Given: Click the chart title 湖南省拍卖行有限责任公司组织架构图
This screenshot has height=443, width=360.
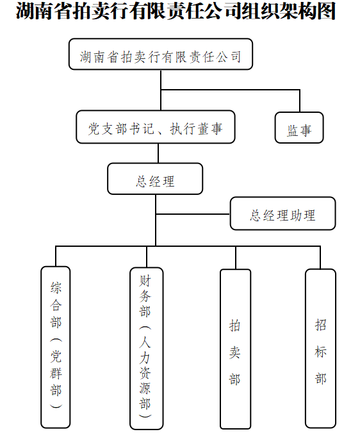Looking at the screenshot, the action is tap(176, 12).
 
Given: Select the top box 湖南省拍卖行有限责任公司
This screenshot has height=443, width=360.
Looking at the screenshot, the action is tap(161, 54).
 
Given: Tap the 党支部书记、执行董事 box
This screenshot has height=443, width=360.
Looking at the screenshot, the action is tap(156, 127).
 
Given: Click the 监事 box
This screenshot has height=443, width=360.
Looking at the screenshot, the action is tap(299, 128).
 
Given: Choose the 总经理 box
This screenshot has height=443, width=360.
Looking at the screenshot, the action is tap(155, 179).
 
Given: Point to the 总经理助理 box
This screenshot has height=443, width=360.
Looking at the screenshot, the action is tap(283, 213).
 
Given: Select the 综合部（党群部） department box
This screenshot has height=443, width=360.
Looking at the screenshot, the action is tap(56, 347).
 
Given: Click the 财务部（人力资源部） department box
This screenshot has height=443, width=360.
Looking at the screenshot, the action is tap(147, 348).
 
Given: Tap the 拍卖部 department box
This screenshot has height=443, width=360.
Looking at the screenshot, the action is tap(236, 349).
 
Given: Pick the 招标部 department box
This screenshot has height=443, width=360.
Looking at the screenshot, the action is tap(320, 348).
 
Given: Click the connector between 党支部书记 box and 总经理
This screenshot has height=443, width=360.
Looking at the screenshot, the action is tap(158, 153).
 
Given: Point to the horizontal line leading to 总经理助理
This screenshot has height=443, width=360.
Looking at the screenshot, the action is tap(193, 214).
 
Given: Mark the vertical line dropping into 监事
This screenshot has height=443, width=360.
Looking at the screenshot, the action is tap(300, 101).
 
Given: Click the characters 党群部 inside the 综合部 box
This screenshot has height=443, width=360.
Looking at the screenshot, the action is tap(56, 373).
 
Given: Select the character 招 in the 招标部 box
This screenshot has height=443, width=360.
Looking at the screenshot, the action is tap(321, 325).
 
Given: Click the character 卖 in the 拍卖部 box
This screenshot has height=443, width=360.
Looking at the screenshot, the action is tap(235, 353).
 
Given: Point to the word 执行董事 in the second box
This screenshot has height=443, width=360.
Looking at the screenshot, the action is tap(196, 129).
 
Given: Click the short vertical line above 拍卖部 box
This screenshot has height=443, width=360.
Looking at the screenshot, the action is tap(236, 258).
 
